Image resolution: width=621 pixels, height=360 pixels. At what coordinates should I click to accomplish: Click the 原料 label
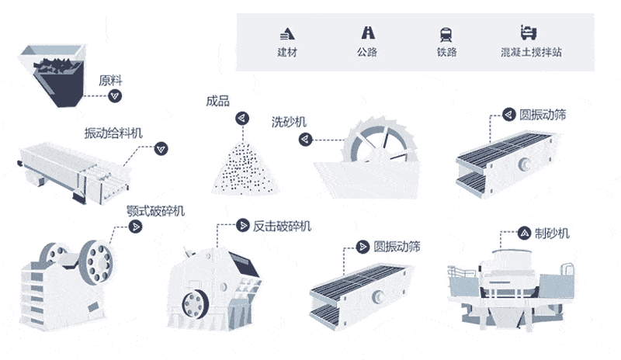[x=110, y=80]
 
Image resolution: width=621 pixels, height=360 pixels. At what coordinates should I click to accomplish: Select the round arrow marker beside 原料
[x=116, y=95]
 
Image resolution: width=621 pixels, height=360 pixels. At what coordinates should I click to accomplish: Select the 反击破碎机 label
[x=282, y=226]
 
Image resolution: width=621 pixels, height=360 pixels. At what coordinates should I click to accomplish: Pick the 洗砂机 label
[x=289, y=122]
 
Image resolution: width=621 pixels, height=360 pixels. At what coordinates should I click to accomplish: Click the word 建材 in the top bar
[x=287, y=53]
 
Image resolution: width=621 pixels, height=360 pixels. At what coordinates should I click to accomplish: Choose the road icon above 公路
[x=366, y=33]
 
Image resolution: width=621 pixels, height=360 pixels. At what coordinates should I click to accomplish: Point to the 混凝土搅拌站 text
[x=533, y=53]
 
